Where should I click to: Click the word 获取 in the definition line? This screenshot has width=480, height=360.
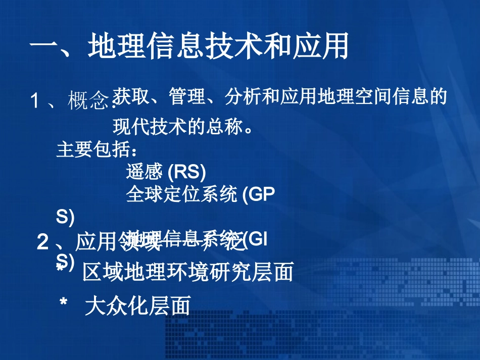127,96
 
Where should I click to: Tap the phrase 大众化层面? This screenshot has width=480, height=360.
138,305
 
